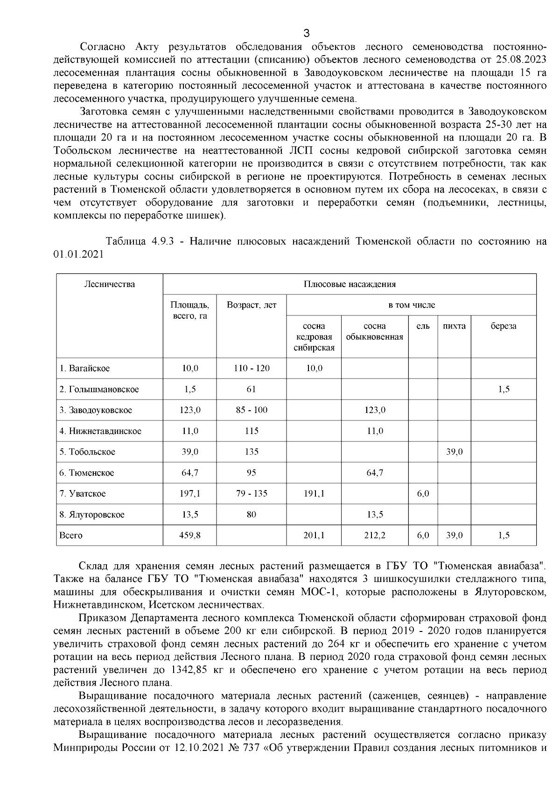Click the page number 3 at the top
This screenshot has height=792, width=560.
click(306, 33)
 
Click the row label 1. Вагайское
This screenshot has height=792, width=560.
click(85, 368)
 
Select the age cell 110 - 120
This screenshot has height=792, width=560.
click(252, 368)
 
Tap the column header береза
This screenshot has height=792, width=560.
click(503, 326)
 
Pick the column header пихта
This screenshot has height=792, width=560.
click(454, 326)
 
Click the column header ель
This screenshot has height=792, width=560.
click(423, 326)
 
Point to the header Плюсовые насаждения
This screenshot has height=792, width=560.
click(350, 284)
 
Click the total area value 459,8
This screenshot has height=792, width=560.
click(190, 535)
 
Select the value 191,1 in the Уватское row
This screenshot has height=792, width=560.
click(314, 493)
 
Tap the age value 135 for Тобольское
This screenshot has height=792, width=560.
click(252, 452)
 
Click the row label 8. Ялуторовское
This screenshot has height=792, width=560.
click(92, 515)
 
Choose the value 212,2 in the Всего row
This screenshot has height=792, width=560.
click(375, 535)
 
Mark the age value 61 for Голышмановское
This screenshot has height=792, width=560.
click(252, 389)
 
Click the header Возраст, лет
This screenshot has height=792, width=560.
click(252, 305)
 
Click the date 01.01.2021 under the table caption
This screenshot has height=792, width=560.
click(78, 254)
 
